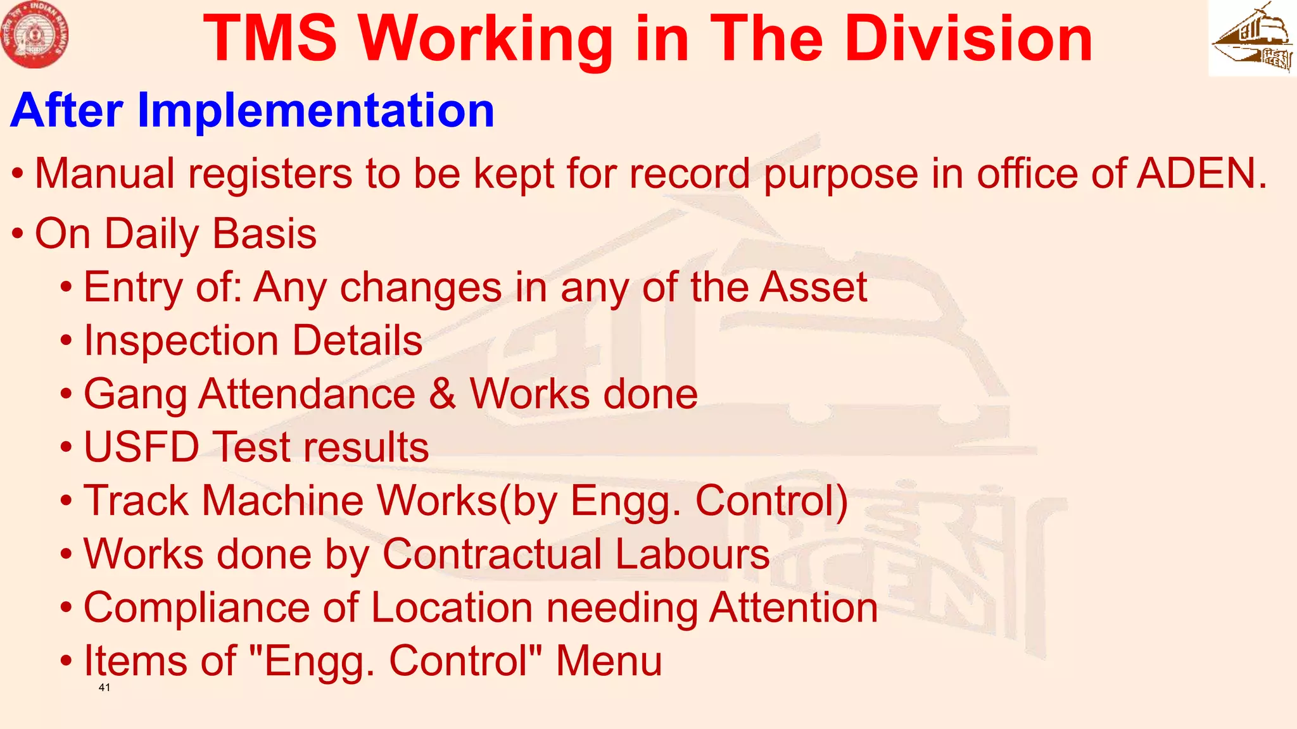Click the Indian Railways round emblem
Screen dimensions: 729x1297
[35, 35]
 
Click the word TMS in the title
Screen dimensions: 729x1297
[270, 39]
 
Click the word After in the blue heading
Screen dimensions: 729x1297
[66, 111]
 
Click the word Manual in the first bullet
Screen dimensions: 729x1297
[105, 173]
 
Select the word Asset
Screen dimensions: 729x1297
[813, 287]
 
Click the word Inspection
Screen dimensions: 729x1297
[181, 342]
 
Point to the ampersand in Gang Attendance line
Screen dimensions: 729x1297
[442, 394]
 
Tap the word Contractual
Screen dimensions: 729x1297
[491, 554]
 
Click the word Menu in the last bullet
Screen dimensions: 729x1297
[609, 661]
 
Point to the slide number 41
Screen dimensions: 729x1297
[104, 687]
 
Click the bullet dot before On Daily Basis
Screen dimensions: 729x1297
[18, 234]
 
